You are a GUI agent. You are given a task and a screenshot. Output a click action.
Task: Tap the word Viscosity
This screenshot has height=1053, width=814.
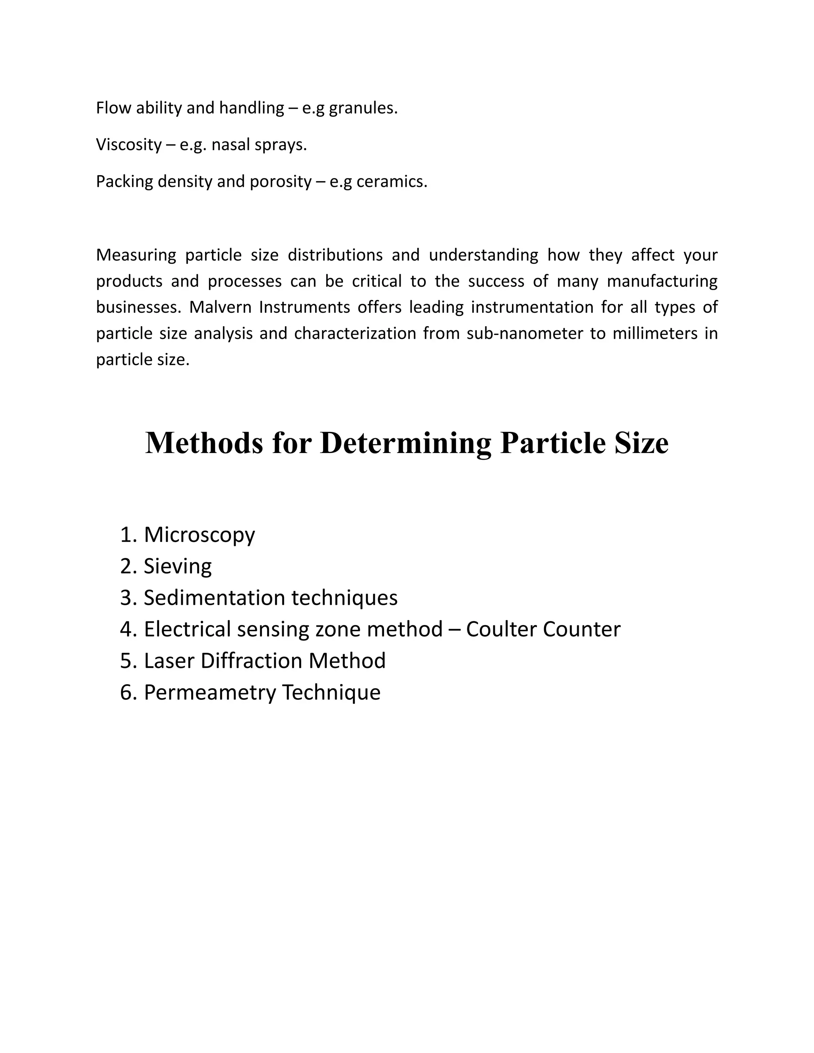(x=129, y=145)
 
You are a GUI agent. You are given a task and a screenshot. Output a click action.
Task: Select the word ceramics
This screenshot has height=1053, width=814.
(x=391, y=182)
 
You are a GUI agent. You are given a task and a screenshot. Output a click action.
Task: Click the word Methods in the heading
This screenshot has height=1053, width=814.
(x=204, y=443)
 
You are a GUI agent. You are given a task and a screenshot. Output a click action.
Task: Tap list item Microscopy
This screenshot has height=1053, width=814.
(x=199, y=535)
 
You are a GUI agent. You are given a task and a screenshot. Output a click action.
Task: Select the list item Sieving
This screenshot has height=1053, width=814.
(x=177, y=567)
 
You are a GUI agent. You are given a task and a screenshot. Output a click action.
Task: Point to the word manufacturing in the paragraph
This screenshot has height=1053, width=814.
(x=662, y=281)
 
